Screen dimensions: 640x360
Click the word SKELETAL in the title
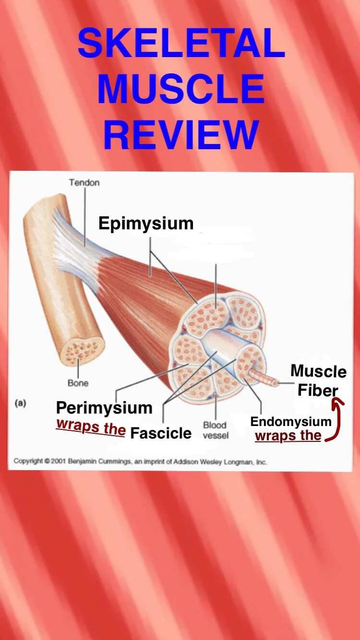pos(181,43)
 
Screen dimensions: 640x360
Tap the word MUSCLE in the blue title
pos(181,89)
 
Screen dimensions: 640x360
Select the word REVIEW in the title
pos(181,135)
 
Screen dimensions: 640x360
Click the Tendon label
pos(84,182)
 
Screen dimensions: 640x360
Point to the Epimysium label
pos(146,224)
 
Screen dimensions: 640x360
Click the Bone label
pos(78,383)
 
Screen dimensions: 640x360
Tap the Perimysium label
pos(104,408)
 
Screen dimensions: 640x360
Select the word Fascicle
pos(161,433)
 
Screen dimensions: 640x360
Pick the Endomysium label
pos(291,422)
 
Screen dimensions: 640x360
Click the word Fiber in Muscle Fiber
pos(317,391)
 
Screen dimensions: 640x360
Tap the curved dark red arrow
pos(336,417)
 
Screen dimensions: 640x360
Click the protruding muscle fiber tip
pos(274,382)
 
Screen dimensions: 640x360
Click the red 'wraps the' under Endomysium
pos(288,436)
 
